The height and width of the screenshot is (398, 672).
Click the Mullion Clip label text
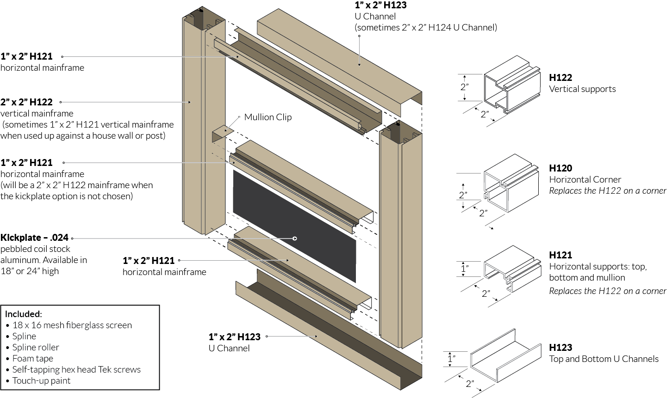pos(268,117)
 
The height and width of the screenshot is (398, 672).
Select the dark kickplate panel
pos(294,227)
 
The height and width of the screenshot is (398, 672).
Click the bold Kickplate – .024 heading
pos(34,238)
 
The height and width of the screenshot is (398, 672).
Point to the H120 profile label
pos(560,168)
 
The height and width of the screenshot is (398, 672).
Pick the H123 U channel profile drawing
pos(505,356)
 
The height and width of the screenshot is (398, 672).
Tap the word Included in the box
pos(23,314)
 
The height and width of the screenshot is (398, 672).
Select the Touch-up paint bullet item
pos(41,380)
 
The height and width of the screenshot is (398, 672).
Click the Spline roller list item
pos(36,347)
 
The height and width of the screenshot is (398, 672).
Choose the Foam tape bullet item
pos(32,358)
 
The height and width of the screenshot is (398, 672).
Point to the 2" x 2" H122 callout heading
pos(26,102)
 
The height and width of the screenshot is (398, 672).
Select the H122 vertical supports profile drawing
pos(511,86)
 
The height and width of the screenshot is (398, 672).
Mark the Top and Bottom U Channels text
pos(604,359)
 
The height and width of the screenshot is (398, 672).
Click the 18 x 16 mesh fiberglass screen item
pos(72,325)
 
